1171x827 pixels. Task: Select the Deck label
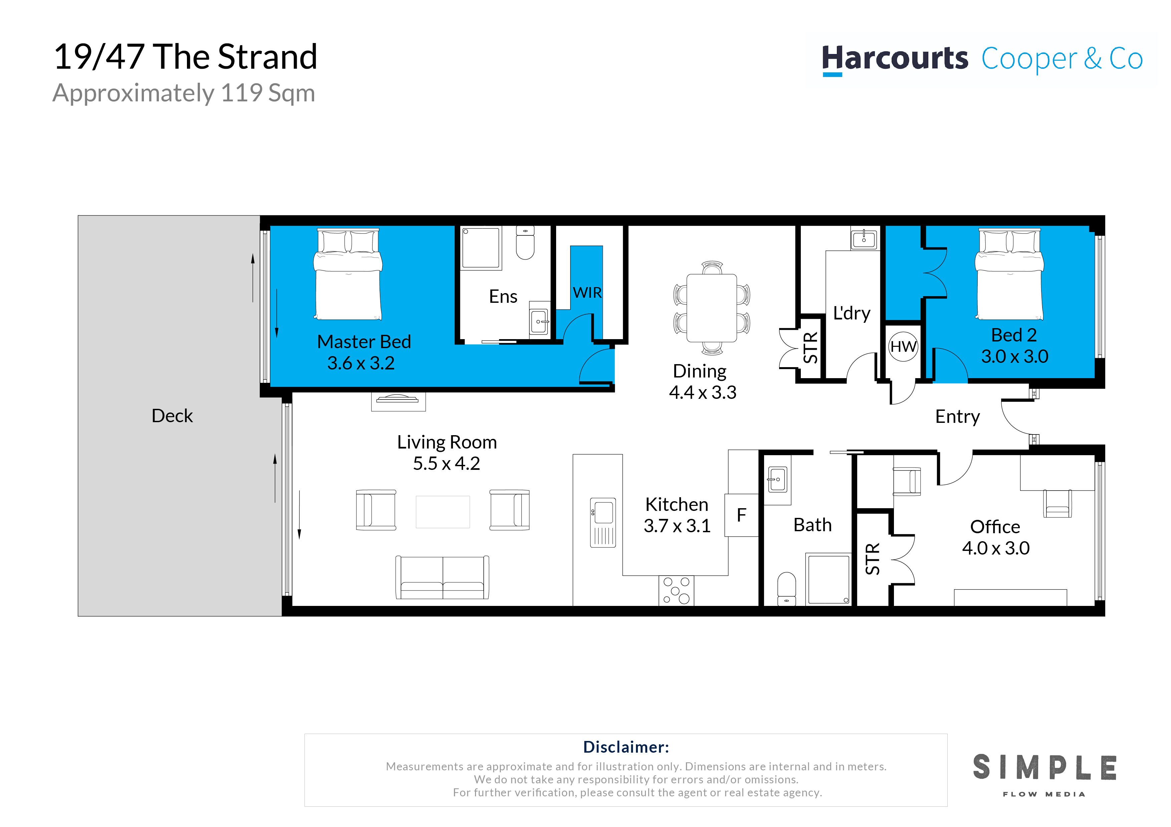172,416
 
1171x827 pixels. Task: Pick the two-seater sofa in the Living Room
443,577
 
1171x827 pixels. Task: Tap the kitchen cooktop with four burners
676,591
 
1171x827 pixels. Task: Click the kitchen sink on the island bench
603,522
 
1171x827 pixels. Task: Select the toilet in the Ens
525,243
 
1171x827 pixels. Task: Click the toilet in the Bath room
786,589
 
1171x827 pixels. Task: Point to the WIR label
587,292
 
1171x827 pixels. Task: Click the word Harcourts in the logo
895,59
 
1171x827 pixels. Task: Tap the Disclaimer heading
626,747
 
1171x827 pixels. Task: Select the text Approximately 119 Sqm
184,93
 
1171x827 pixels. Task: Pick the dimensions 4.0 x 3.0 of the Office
995,548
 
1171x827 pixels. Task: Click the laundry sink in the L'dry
864,238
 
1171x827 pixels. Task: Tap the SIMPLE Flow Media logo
1044,775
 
